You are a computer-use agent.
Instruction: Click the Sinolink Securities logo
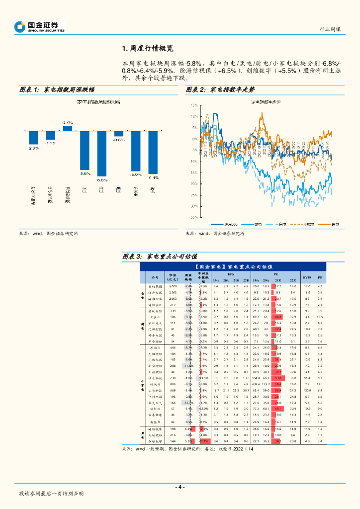39,27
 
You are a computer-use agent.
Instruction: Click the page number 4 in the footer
180,487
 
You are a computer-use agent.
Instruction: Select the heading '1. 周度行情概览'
147,49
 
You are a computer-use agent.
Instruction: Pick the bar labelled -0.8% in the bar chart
119,134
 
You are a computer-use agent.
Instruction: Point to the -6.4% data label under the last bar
153,177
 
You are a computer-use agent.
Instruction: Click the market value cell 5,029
173,286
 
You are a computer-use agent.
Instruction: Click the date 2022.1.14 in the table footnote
244,449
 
